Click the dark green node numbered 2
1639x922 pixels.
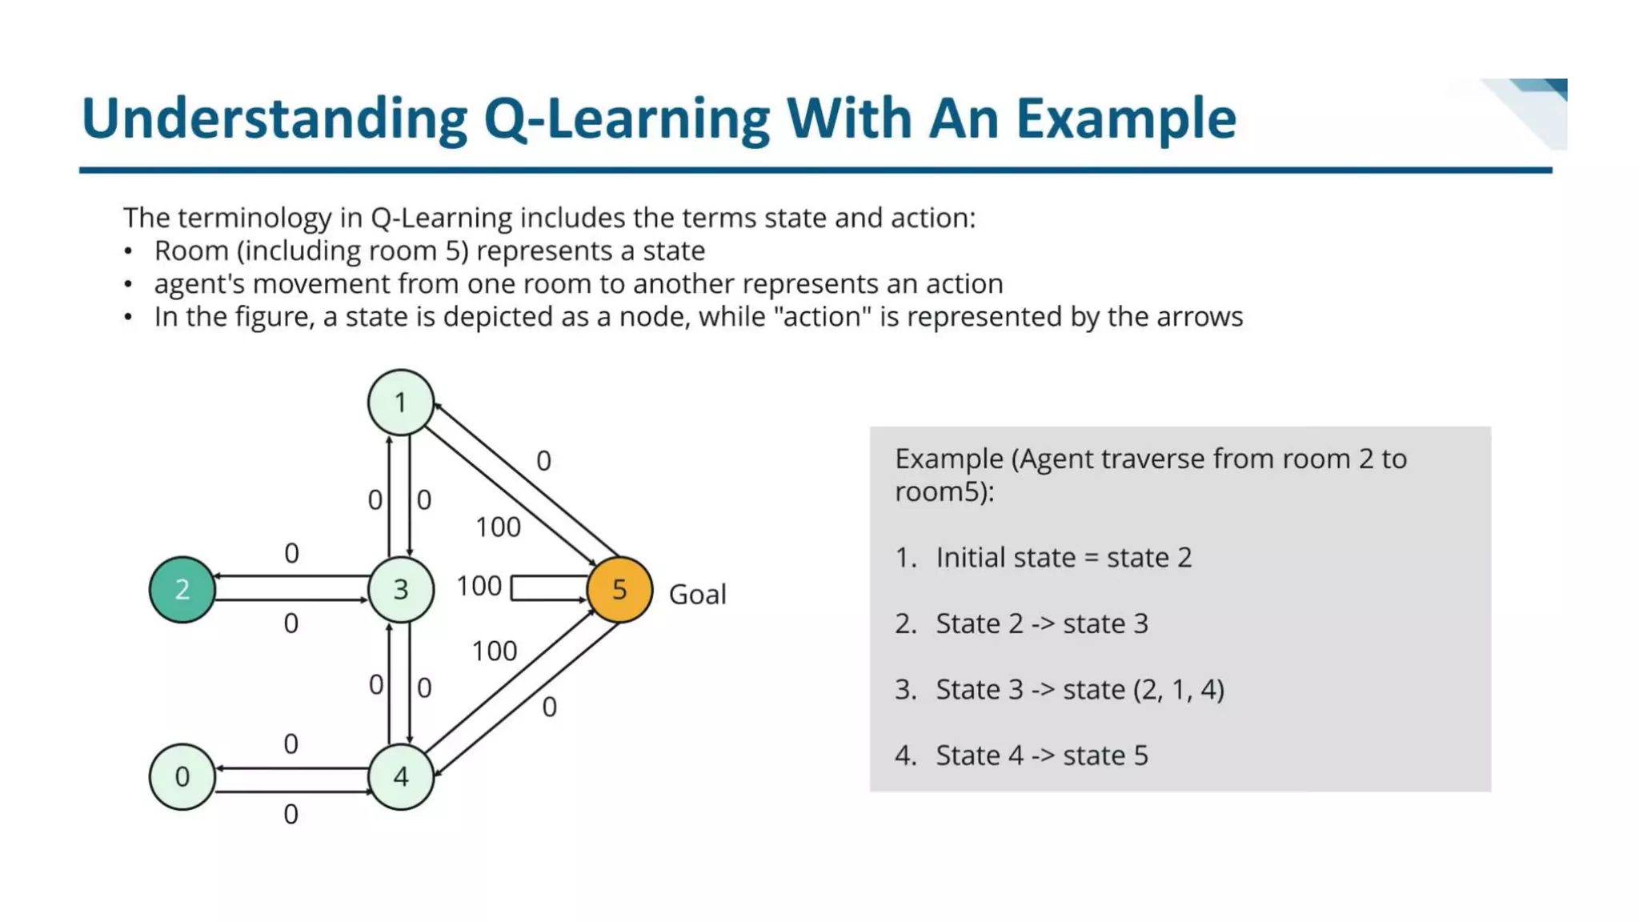(182, 590)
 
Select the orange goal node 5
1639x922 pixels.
(619, 590)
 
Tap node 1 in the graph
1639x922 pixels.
(400, 402)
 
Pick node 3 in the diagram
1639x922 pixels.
(400, 590)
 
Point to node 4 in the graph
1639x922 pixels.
(400, 776)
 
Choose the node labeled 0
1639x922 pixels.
(182, 776)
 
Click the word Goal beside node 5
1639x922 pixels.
(697, 595)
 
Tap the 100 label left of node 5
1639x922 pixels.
(479, 586)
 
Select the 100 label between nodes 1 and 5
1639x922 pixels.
(498, 527)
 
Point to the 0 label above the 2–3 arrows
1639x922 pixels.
(291, 553)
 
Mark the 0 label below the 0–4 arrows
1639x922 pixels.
(291, 815)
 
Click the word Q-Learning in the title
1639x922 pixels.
(627, 118)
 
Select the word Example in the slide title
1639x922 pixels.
(1126, 118)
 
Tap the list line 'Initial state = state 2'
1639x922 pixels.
(1063, 557)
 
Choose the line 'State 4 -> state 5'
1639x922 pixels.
(1041, 755)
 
